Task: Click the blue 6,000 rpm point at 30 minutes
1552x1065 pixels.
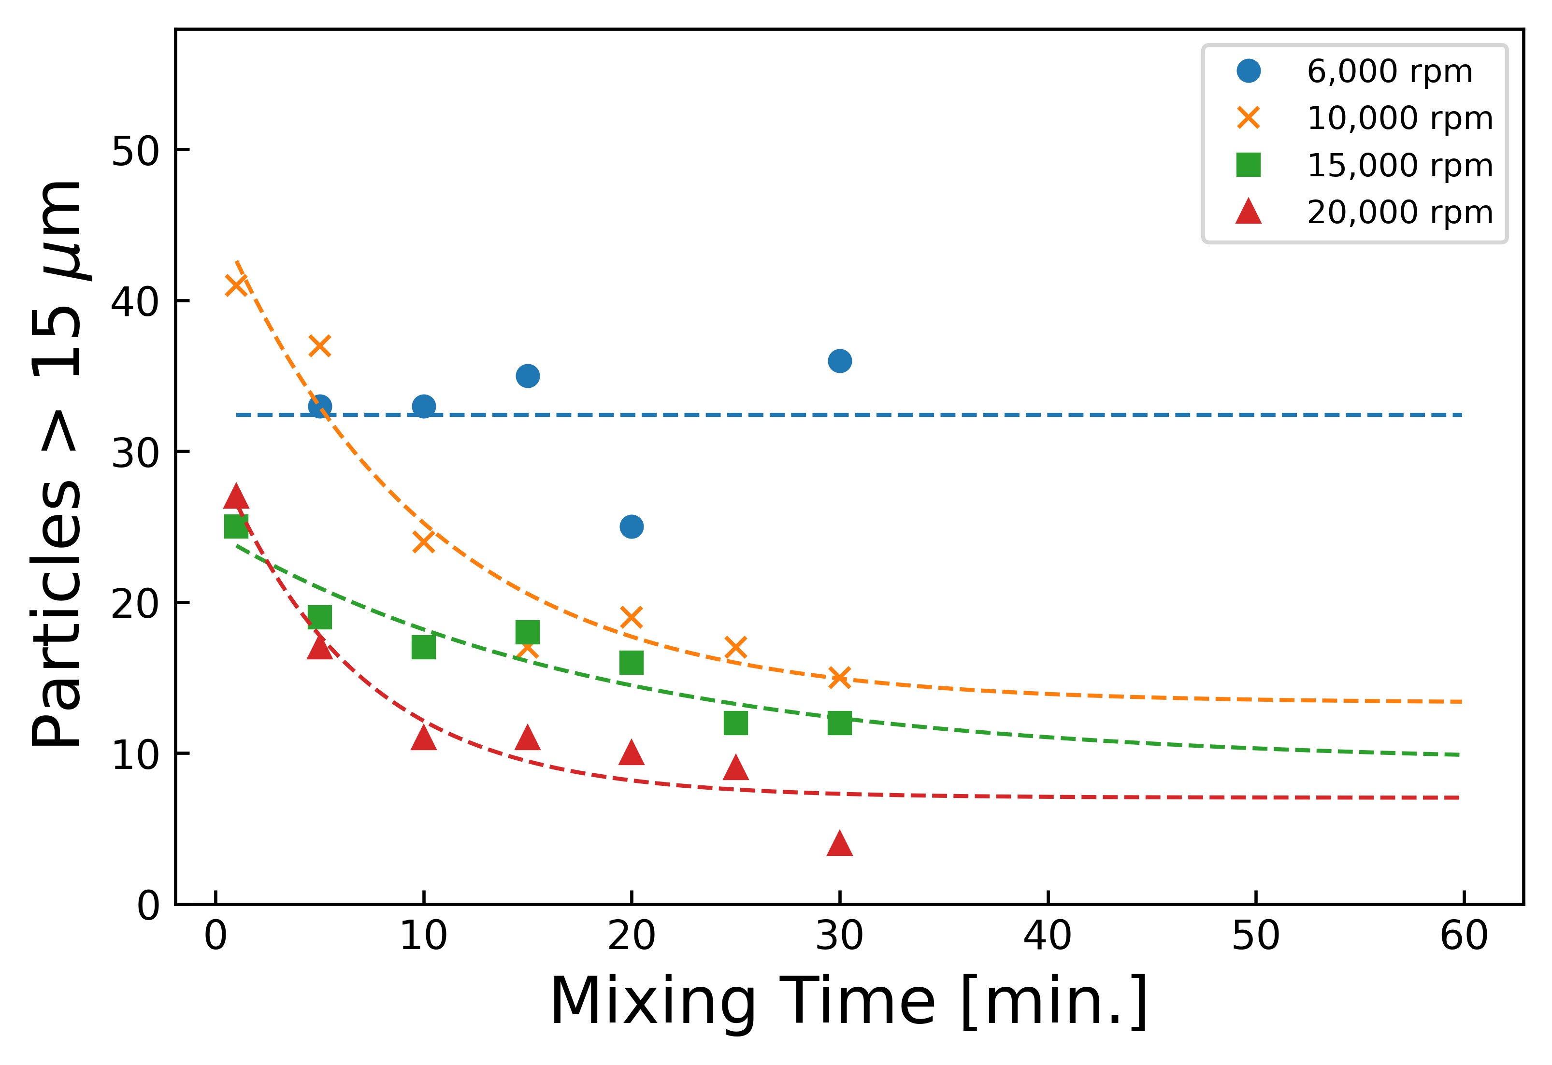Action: click(x=839, y=361)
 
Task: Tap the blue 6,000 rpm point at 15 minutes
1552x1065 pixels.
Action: click(x=528, y=376)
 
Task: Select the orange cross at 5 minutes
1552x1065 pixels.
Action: click(x=320, y=346)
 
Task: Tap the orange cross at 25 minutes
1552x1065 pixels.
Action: click(x=735, y=648)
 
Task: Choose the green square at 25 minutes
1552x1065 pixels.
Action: click(x=735, y=723)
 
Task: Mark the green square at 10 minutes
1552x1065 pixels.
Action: click(x=423, y=647)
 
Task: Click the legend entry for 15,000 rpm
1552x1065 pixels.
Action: click(x=1399, y=165)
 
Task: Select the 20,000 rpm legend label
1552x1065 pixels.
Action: click(x=1399, y=213)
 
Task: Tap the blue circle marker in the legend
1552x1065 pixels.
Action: click(x=1248, y=71)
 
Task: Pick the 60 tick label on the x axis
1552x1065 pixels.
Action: click(x=1463, y=936)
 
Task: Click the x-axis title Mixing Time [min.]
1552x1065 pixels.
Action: click(x=848, y=1002)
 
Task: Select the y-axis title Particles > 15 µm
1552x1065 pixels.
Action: click(x=59, y=464)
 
